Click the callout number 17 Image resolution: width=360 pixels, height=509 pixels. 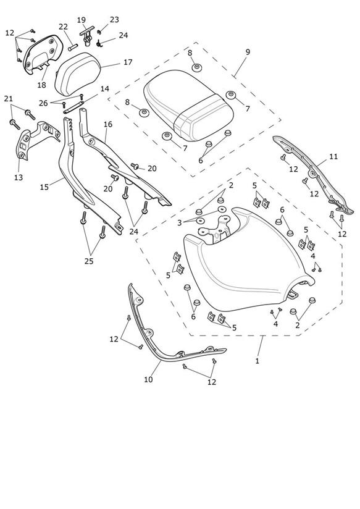tap(128, 62)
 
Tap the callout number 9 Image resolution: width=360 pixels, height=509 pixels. tap(248, 52)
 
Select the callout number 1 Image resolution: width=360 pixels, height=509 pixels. tap(257, 361)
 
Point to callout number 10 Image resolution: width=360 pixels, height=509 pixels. tap(148, 379)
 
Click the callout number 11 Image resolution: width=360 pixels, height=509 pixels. tap(333, 156)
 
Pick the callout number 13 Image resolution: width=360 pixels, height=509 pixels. tap(19, 177)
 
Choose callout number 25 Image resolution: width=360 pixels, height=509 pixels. tap(89, 261)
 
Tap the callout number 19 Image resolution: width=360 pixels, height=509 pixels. tap(82, 20)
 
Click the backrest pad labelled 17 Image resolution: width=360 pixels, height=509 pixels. tap(77, 74)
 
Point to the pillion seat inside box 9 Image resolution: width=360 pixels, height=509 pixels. tap(188, 106)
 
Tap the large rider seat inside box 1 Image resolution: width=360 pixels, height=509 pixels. tap(248, 259)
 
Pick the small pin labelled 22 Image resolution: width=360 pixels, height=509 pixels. tap(73, 48)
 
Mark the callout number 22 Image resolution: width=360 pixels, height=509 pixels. tap(63, 27)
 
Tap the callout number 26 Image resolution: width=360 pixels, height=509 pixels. tap(43, 103)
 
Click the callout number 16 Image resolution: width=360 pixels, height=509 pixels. tap(108, 124)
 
